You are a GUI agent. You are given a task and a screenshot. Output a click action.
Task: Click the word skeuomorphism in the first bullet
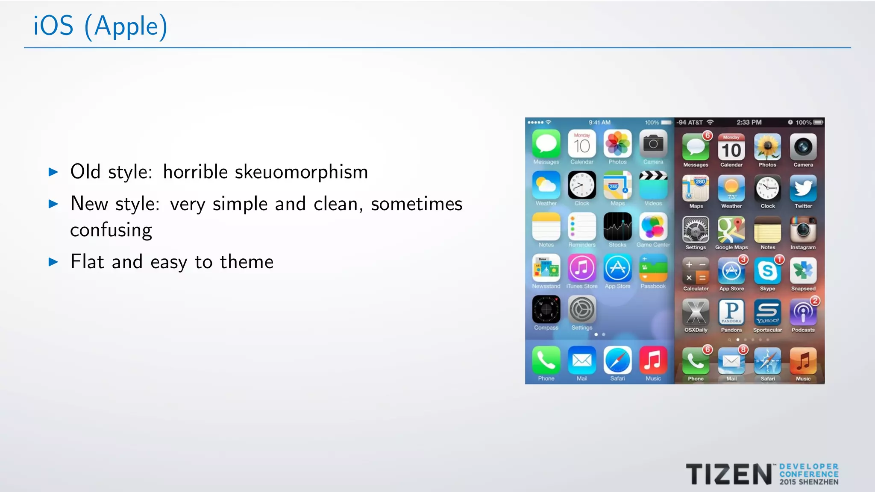click(301, 172)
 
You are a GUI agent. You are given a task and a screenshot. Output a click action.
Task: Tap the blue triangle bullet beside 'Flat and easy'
click(53, 262)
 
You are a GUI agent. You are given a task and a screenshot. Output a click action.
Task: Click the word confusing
click(111, 230)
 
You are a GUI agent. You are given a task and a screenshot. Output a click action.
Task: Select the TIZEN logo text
click(729, 474)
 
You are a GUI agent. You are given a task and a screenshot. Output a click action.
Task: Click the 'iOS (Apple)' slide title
click(100, 26)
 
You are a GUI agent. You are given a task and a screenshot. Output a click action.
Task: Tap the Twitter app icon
click(803, 188)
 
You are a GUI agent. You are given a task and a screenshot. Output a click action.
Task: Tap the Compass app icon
click(546, 310)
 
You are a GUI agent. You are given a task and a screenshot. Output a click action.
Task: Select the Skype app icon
click(767, 271)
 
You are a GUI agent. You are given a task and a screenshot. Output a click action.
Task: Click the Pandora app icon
click(731, 312)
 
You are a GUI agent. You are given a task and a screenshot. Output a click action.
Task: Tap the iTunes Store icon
click(581, 268)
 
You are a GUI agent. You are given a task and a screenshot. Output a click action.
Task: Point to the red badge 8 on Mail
click(743, 350)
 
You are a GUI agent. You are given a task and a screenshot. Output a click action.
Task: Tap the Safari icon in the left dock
click(617, 360)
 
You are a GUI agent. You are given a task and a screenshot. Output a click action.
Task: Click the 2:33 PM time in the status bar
click(749, 123)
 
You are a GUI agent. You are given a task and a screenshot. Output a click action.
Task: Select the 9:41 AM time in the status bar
click(599, 123)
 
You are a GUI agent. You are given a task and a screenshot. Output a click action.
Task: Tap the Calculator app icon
click(696, 271)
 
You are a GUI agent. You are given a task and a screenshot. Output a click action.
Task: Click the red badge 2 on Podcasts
click(815, 301)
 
